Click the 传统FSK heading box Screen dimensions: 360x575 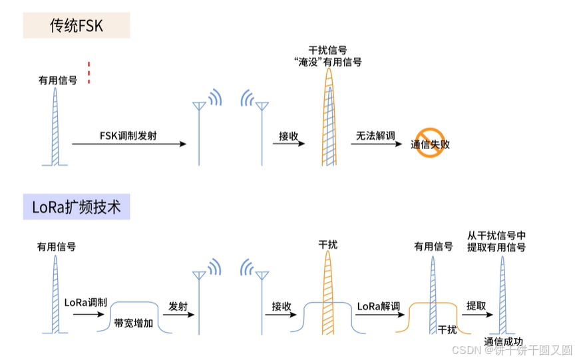pyautogui.click(x=77, y=25)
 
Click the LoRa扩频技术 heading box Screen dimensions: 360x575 pyautogui.click(x=77, y=206)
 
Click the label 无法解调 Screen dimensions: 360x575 pyautogui.click(x=375, y=136)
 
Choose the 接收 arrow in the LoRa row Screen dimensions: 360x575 pyautogui.click(x=282, y=317)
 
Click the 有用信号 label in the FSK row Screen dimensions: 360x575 pyautogui.click(x=58, y=80)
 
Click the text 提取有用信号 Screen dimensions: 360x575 pyautogui.click(x=496, y=247)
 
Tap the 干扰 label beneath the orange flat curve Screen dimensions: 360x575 pyautogui.click(x=447, y=329)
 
